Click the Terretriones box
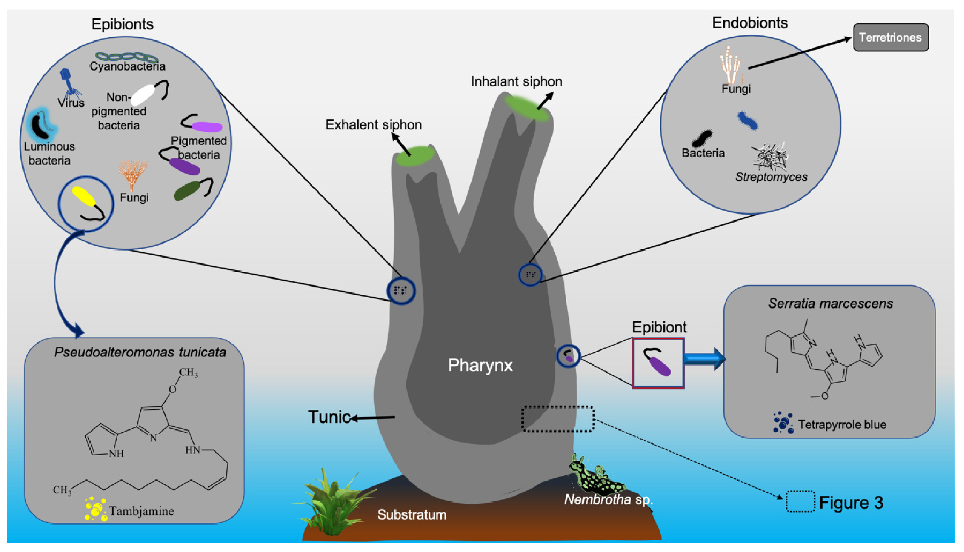[x=891, y=37]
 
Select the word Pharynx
[x=480, y=365]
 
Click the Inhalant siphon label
[x=516, y=81]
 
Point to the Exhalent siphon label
[x=373, y=125]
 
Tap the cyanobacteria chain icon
[x=126, y=57]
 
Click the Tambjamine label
[x=141, y=511]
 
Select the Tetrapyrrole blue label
[x=842, y=424]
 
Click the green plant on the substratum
[x=334, y=500]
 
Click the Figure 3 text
[x=851, y=502]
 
